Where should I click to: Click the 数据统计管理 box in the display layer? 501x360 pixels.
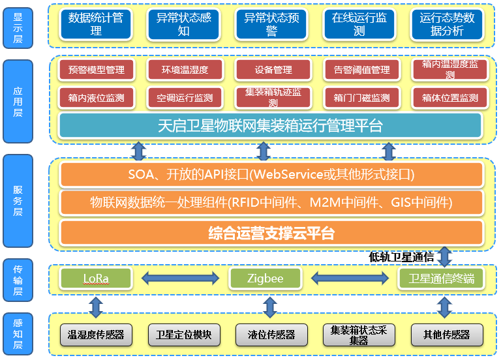[96, 25]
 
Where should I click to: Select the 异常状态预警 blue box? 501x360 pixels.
[271, 25]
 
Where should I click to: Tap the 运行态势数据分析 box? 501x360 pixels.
[447, 25]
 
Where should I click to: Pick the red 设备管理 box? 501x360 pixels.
[273, 70]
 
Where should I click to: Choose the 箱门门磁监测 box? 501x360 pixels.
[361, 98]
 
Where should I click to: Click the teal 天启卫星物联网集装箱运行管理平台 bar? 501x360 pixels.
[270, 126]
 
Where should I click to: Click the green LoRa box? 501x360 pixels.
[96, 279]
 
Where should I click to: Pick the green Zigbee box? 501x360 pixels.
[266, 279]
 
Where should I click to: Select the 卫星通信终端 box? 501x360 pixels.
[442, 279]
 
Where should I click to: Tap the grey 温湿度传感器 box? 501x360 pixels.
[96, 335]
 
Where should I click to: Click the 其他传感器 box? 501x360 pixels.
[447, 335]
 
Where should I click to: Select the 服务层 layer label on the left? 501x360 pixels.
[18, 202]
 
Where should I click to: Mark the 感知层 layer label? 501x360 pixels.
[18, 334]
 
